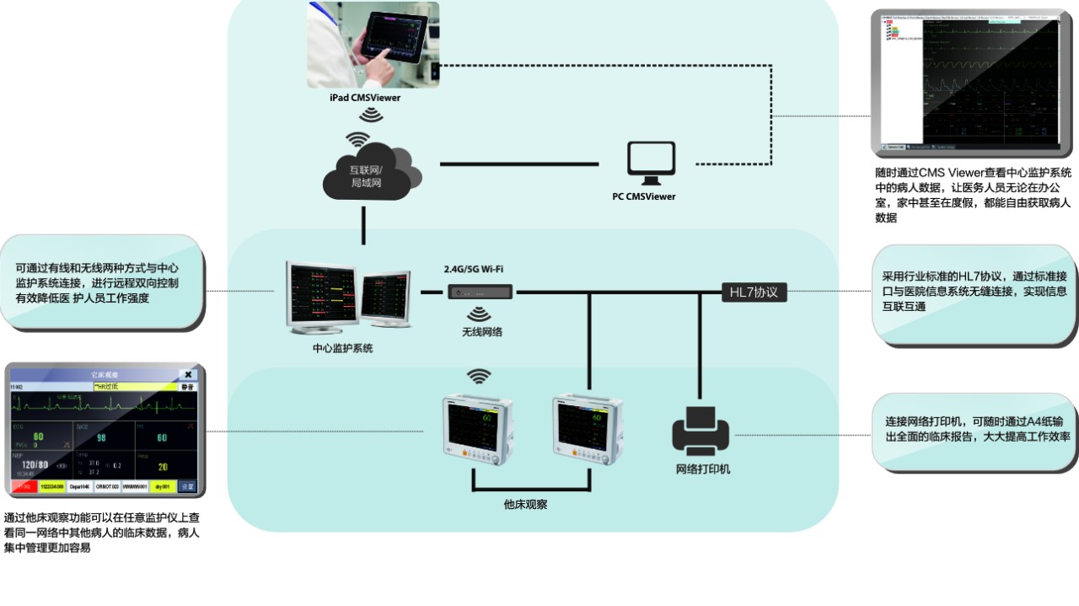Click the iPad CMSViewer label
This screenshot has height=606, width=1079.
[364, 98]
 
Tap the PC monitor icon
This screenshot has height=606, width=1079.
[651, 163]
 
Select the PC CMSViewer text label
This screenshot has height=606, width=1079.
[643, 197]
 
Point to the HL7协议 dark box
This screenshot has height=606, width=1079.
[754, 292]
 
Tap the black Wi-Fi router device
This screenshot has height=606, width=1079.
[480, 292]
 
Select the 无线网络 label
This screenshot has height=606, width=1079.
[481, 332]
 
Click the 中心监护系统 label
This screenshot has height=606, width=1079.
[342, 347]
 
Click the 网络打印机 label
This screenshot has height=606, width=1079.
[702, 469]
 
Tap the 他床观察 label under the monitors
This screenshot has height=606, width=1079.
[525, 504]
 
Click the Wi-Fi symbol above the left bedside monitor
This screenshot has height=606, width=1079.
[479, 376]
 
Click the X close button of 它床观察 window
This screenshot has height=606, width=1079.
[188, 374]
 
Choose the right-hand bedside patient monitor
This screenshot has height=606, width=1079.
[587, 429]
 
